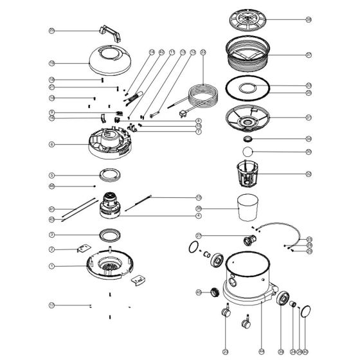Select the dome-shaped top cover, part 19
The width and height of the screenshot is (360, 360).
click(115, 61)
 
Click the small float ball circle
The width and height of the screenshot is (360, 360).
click(248, 153)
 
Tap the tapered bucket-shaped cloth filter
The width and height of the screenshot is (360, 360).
click(249, 207)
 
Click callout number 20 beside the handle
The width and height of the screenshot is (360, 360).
click(51, 30)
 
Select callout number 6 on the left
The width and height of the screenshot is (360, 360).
click(51, 145)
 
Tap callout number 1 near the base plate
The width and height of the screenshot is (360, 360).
click(51, 265)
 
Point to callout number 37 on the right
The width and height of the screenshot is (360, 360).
click(309, 55)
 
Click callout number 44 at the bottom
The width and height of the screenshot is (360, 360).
click(262, 352)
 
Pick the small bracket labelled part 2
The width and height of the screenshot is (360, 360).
click(84, 248)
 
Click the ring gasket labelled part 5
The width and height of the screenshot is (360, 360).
click(109, 174)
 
